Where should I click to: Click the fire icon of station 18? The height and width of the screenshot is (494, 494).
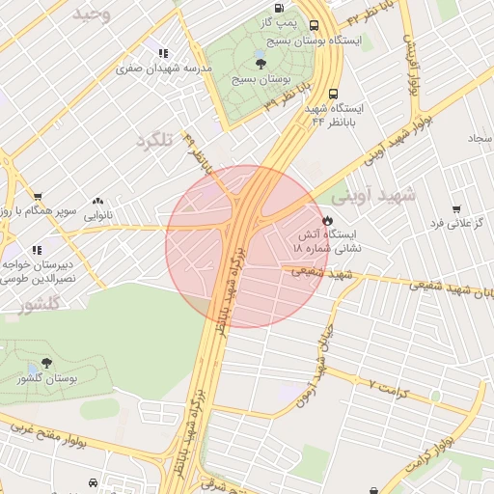(327, 220)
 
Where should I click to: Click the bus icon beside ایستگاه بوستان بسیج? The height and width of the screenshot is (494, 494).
(315, 25)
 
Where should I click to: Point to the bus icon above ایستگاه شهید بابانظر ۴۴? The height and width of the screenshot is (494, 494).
(333, 95)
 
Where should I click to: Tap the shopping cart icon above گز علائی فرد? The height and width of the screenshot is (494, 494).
(455, 208)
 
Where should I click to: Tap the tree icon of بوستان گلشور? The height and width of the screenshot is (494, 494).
(46, 363)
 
